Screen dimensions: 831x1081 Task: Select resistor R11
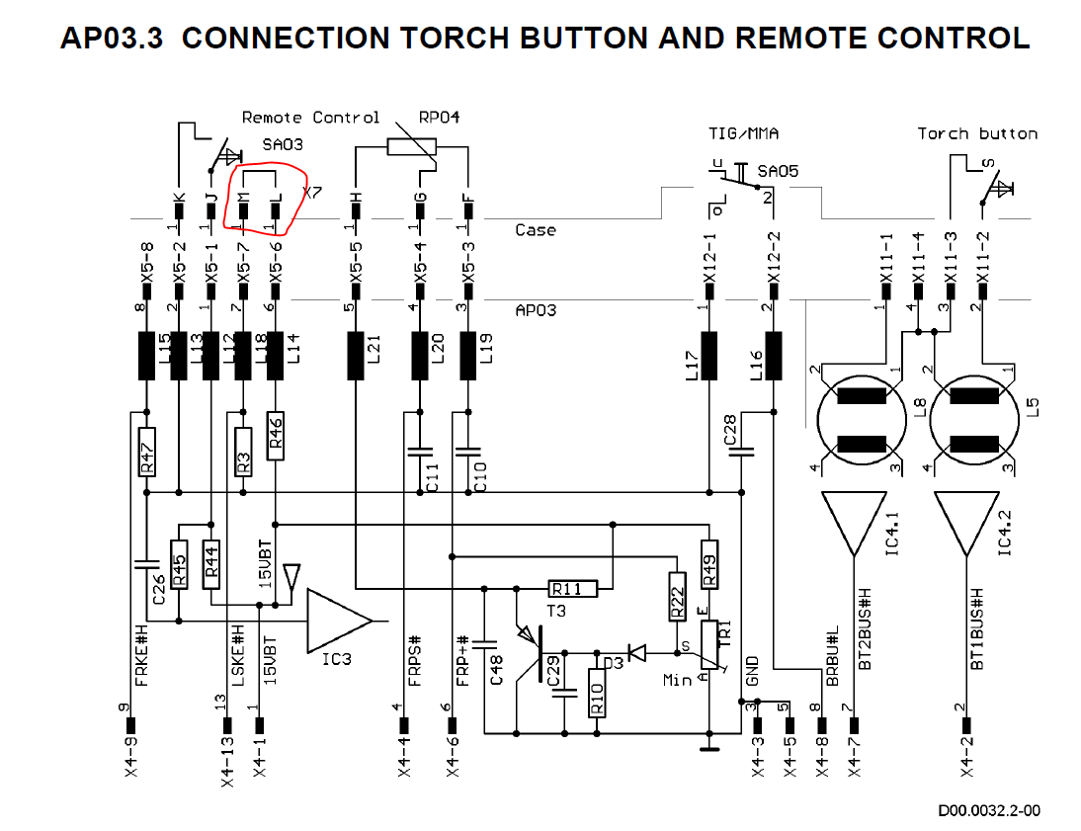pyautogui.click(x=573, y=590)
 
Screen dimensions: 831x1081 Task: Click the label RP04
pyautogui.click(x=439, y=118)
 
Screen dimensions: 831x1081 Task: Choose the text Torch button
pyautogui.click(x=976, y=133)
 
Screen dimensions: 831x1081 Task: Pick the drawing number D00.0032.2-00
pyautogui.click(x=989, y=811)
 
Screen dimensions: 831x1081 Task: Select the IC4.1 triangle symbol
pyautogui.click(x=853, y=524)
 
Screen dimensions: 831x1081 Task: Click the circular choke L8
pyautogui.click(x=861, y=421)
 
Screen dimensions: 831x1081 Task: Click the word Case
pyautogui.click(x=536, y=230)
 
